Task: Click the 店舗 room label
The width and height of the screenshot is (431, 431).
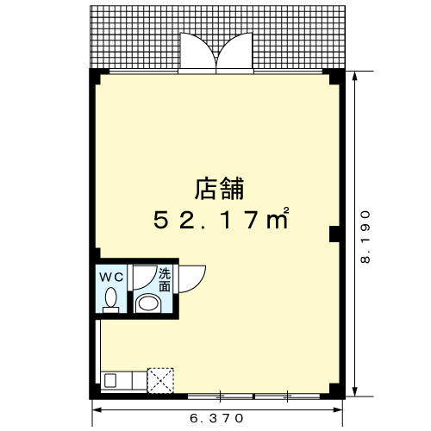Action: [220, 189]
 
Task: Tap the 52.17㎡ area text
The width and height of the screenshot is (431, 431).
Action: [221, 218]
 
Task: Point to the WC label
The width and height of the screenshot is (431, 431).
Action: [111, 278]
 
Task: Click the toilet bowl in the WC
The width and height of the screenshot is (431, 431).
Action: [110, 297]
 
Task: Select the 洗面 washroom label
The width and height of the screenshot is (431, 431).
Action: [165, 280]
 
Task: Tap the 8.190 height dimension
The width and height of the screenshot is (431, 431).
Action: [365, 237]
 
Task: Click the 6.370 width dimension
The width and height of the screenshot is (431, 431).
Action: [216, 418]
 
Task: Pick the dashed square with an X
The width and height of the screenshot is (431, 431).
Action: [160, 381]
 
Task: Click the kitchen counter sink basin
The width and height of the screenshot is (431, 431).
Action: [110, 380]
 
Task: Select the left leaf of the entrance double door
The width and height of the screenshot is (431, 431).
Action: [197, 51]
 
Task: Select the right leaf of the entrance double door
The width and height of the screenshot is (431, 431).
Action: [234, 51]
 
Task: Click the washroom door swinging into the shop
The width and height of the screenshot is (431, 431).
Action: [191, 279]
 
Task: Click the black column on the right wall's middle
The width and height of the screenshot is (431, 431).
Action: [334, 234]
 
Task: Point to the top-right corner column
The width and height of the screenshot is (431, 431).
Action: [334, 77]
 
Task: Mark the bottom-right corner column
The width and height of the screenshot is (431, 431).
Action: [334, 390]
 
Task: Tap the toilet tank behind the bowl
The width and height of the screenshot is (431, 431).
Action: [111, 309]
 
